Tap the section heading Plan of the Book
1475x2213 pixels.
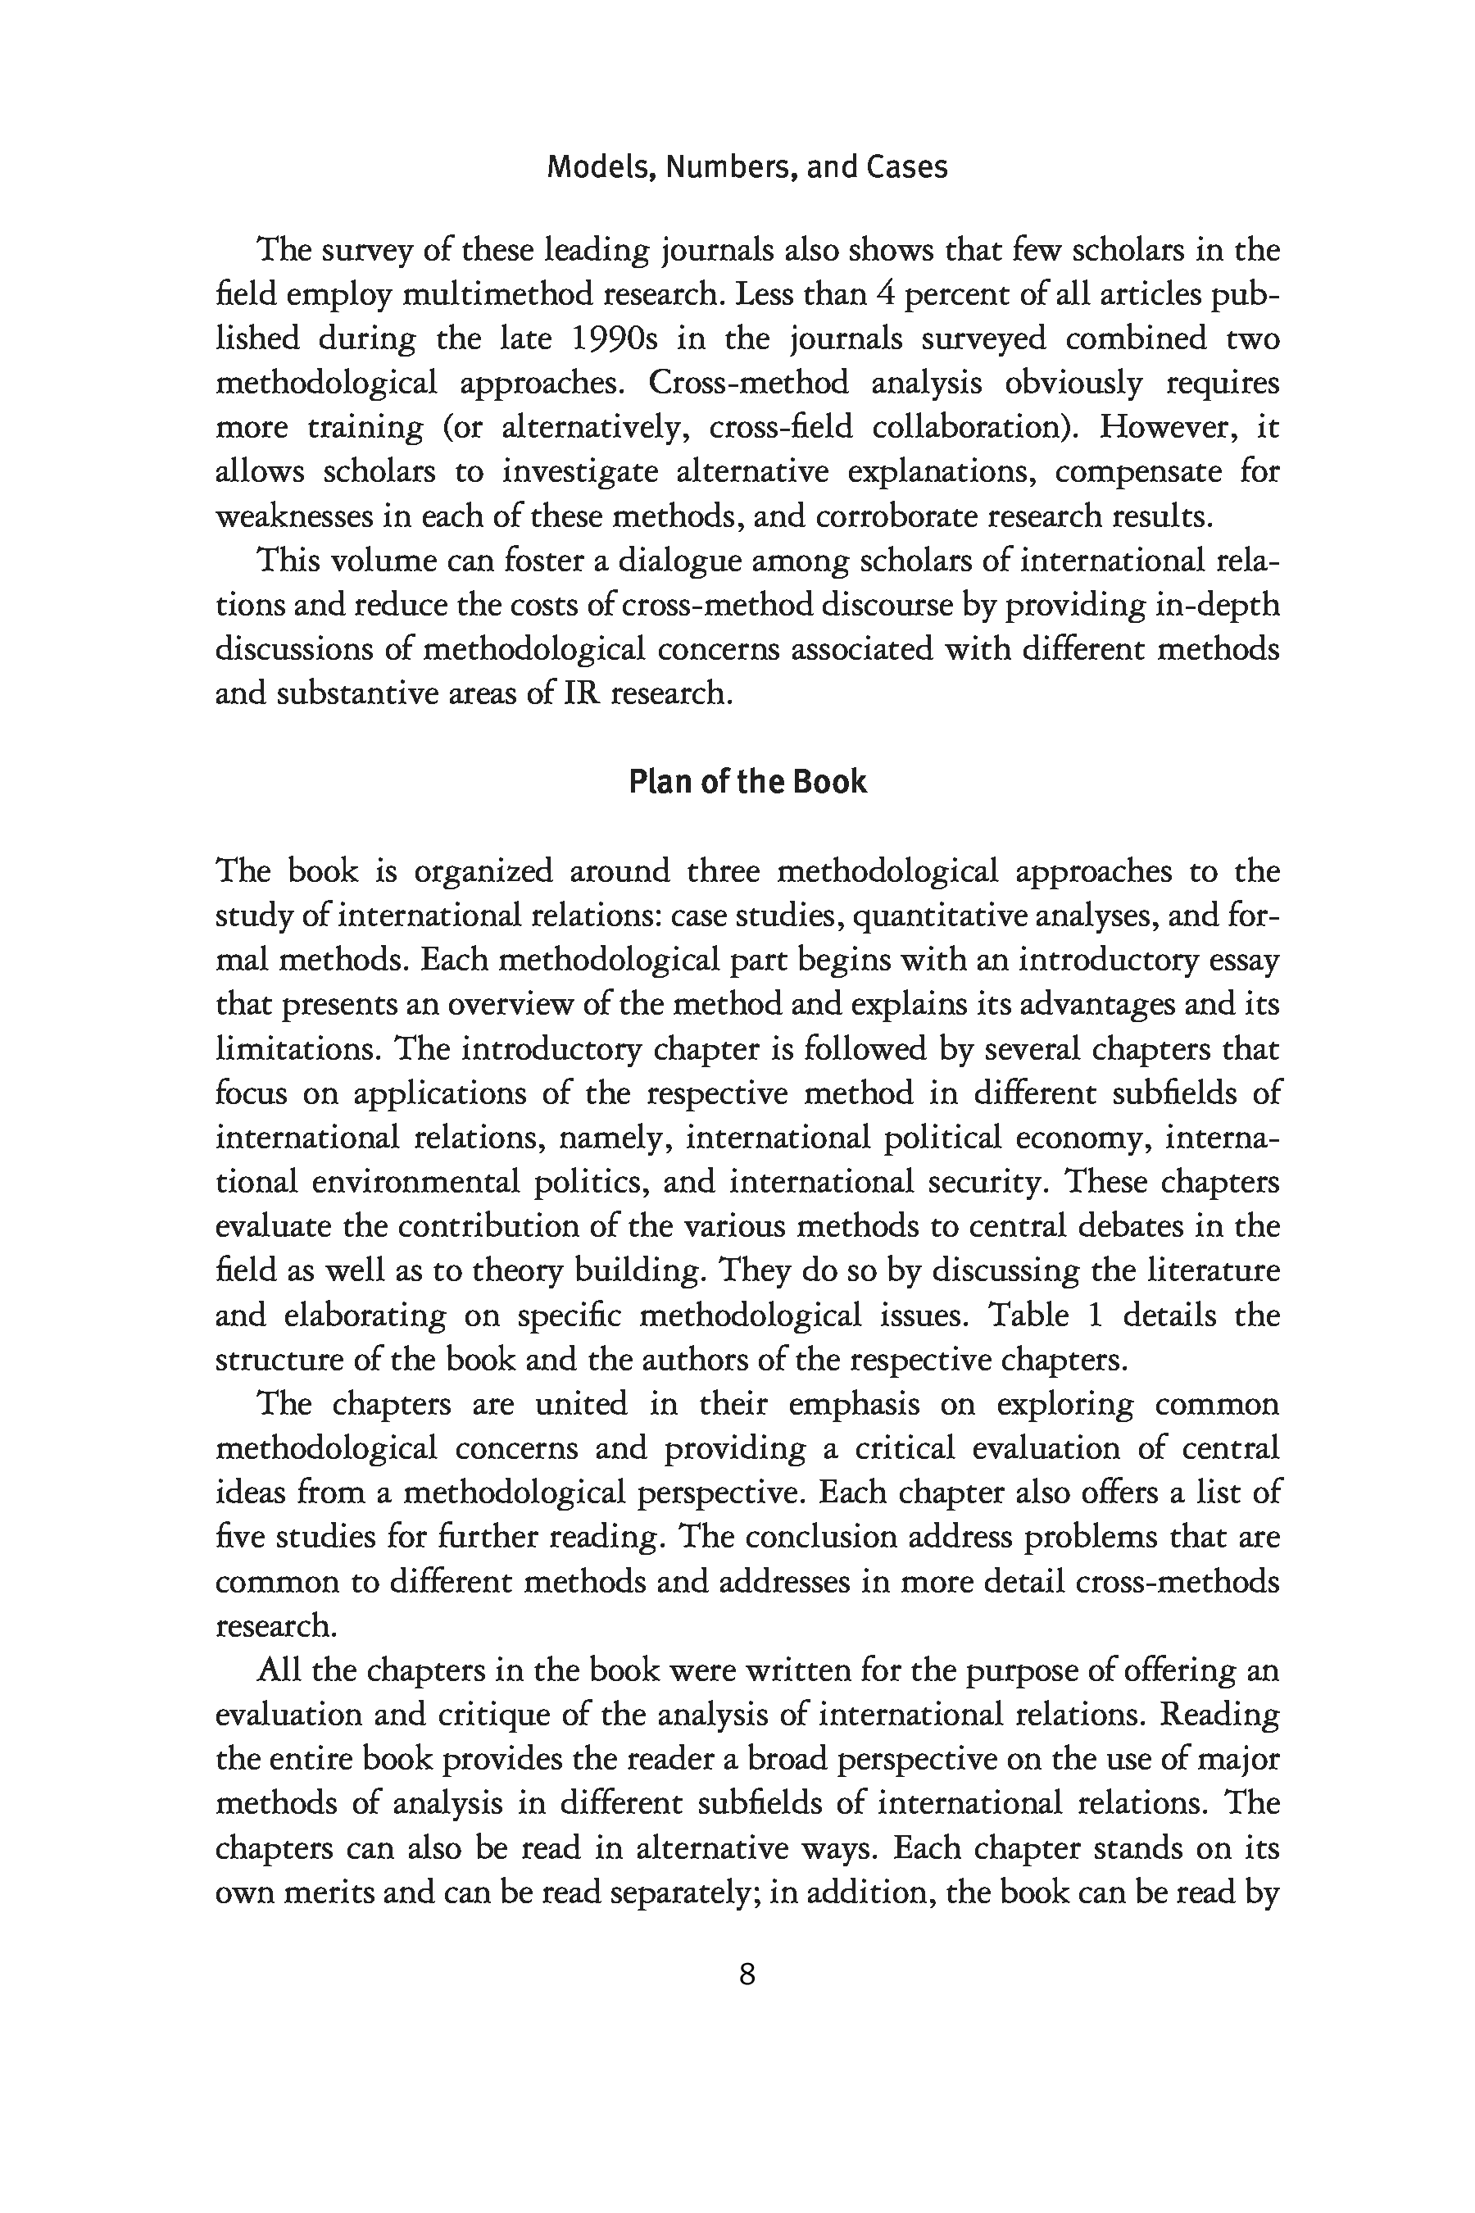(747, 782)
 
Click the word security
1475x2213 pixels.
(987, 1182)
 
